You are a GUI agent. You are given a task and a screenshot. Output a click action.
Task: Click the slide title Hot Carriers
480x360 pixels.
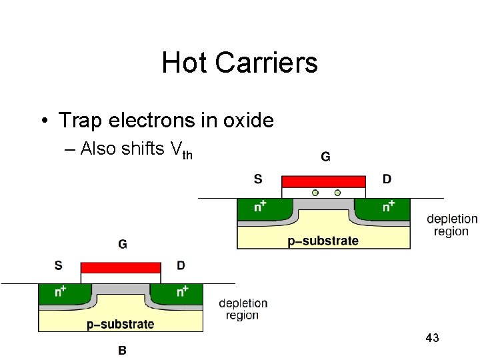tap(239, 63)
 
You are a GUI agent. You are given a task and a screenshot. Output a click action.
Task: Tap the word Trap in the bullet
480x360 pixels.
tap(80, 121)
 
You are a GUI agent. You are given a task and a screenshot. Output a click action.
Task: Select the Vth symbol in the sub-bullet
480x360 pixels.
tap(182, 151)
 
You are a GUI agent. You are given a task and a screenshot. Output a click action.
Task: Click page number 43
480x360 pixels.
tap(432, 338)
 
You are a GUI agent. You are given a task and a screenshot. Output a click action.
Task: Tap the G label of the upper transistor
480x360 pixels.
tap(325, 157)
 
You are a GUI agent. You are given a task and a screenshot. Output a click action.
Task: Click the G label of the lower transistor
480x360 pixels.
tap(123, 244)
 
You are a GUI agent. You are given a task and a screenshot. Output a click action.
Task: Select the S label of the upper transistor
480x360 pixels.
tap(258, 179)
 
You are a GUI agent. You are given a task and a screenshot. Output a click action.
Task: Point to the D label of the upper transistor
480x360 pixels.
tap(387, 179)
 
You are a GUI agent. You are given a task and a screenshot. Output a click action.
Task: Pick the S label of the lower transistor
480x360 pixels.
tap(59, 265)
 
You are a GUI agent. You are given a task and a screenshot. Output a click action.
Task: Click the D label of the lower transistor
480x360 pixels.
tap(181, 265)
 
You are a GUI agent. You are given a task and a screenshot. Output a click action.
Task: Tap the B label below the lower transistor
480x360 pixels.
tap(123, 349)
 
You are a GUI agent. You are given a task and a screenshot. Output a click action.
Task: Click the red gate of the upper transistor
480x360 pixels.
tap(323, 181)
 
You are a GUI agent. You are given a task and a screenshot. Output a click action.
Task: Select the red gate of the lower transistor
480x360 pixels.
tap(121, 268)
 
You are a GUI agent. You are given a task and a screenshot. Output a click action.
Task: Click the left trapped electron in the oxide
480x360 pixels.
tap(315, 193)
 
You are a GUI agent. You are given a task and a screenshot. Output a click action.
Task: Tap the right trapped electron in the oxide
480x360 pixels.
tap(337, 193)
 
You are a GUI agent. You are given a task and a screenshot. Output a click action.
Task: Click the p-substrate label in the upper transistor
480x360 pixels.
tap(323, 241)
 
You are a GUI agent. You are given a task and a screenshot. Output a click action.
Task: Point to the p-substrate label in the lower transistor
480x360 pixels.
tap(121, 325)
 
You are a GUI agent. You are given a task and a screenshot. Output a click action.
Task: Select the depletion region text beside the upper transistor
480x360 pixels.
tap(451, 225)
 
